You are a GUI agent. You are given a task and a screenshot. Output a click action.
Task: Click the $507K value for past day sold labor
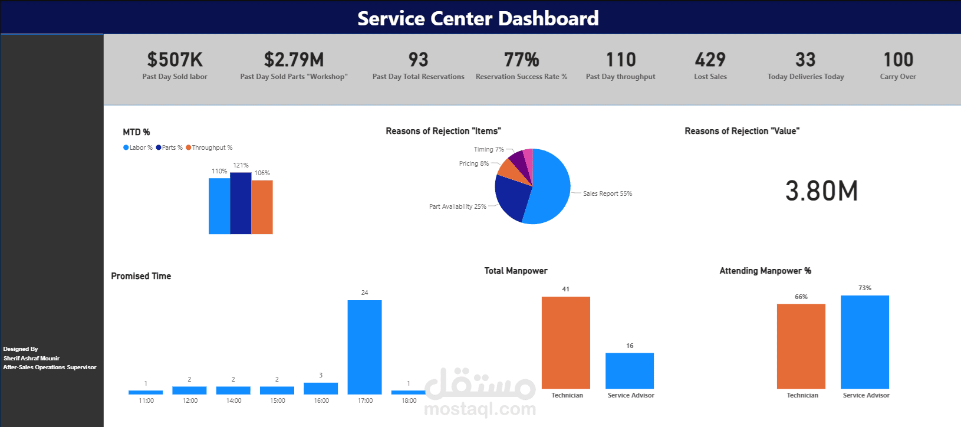(175, 60)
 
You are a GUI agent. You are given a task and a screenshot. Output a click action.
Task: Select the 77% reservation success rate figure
(521, 60)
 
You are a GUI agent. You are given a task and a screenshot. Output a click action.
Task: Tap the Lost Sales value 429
(710, 60)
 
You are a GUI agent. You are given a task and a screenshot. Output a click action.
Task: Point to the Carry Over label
(897, 77)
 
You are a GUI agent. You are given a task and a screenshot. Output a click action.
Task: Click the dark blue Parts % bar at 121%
(241, 203)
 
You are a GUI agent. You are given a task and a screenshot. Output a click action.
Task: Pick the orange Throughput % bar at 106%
(262, 207)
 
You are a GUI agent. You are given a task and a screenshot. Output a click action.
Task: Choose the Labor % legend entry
(138, 147)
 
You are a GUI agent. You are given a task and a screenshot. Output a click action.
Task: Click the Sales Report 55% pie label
(607, 193)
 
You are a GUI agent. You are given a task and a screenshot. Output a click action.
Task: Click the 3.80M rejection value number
(821, 191)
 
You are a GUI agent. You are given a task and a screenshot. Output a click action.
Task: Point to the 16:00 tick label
(321, 400)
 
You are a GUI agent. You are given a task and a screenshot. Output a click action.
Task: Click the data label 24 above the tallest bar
(364, 293)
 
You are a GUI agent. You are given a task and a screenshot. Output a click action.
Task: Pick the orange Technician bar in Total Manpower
(565, 342)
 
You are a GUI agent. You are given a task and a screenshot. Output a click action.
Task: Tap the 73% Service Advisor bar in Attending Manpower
(864, 342)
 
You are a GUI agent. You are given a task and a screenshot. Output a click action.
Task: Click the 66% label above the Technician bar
(801, 297)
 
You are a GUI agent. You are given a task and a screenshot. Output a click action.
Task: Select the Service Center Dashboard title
(478, 18)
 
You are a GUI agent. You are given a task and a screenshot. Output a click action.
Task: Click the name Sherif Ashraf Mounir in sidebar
(32, 358)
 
